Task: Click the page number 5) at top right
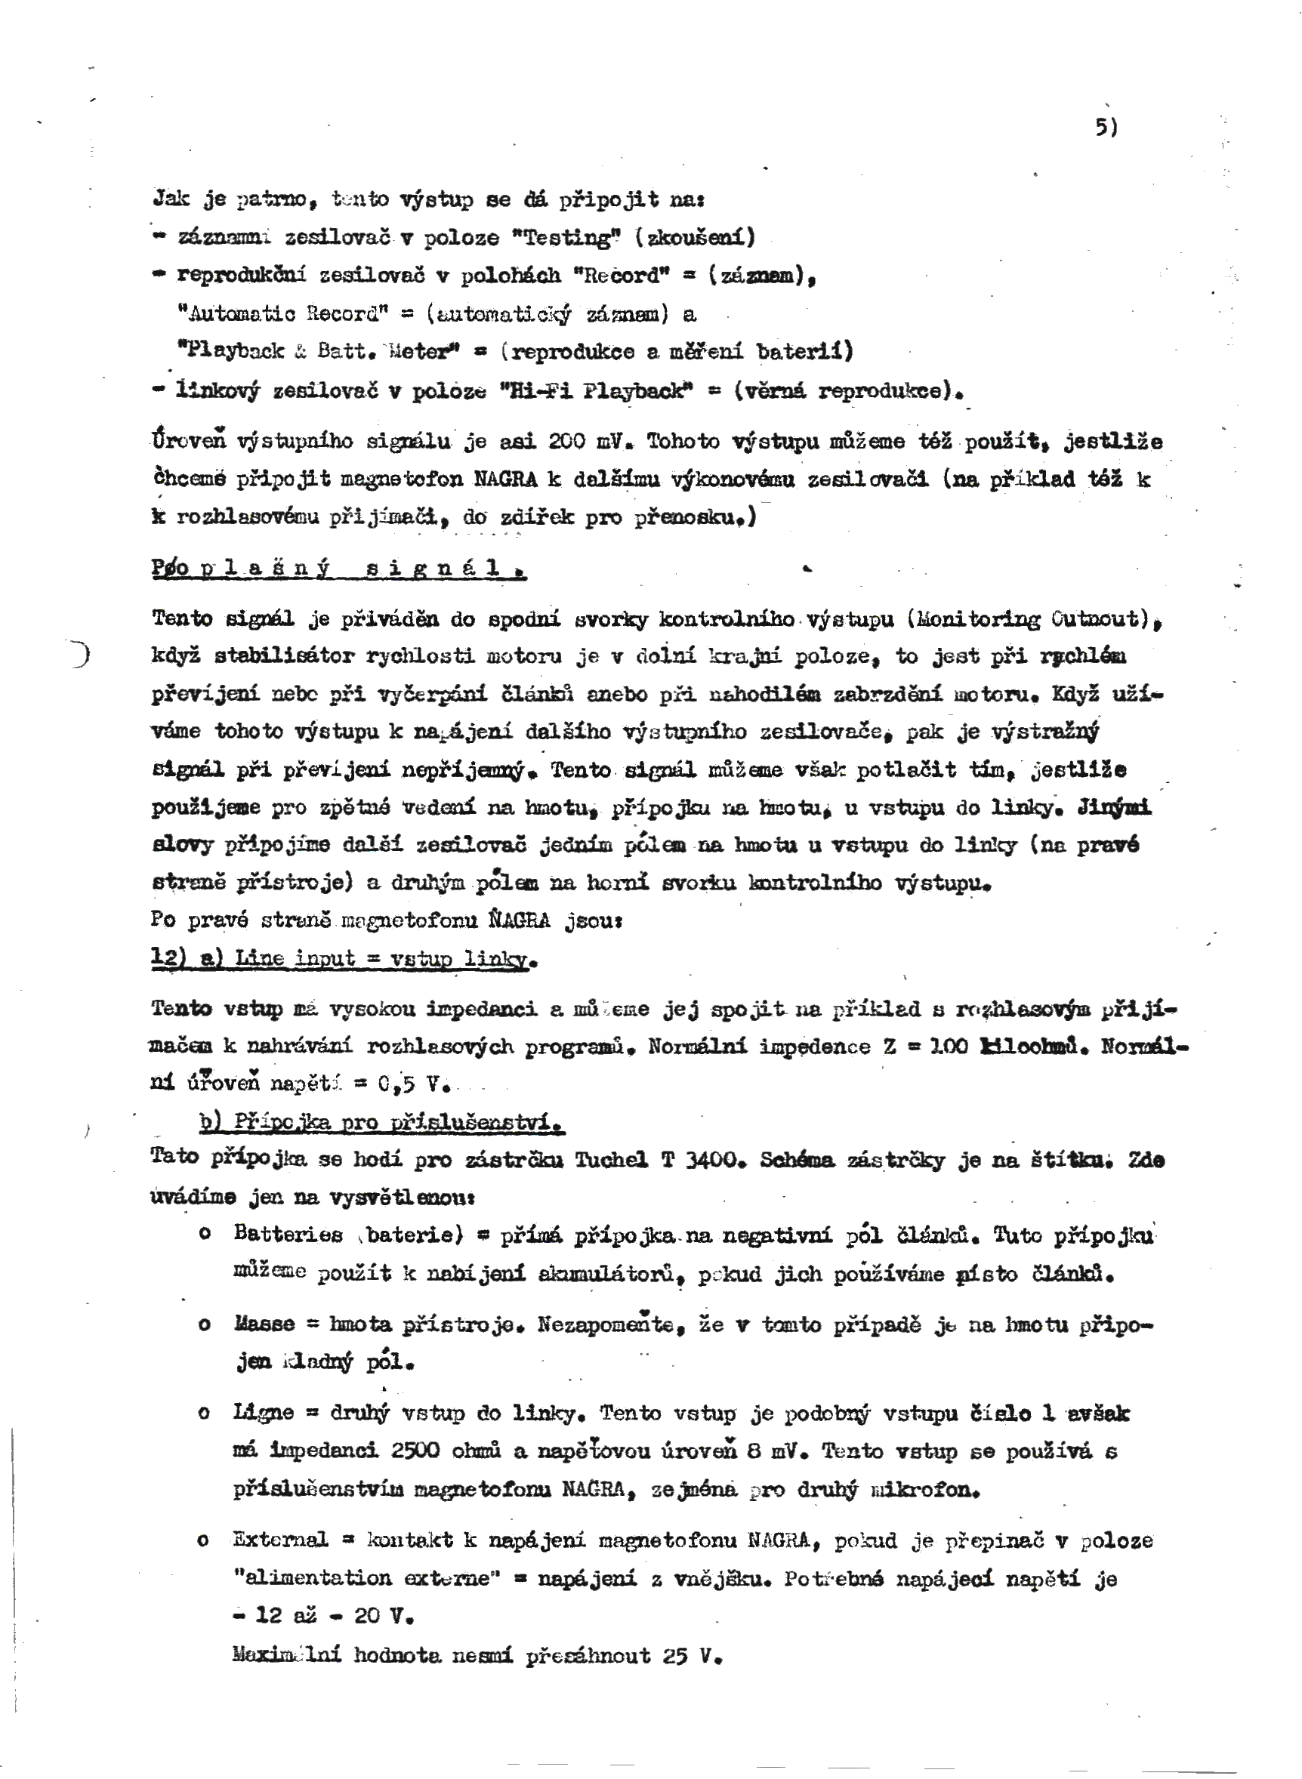tap(1106, 128)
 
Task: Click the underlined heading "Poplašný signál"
tap(339, 569)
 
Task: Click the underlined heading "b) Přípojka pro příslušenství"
tap(382, 1123)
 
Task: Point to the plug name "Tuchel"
tap(612, 1160)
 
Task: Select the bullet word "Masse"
tap(264, 1324)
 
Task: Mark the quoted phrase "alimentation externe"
tap(367, 1577)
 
